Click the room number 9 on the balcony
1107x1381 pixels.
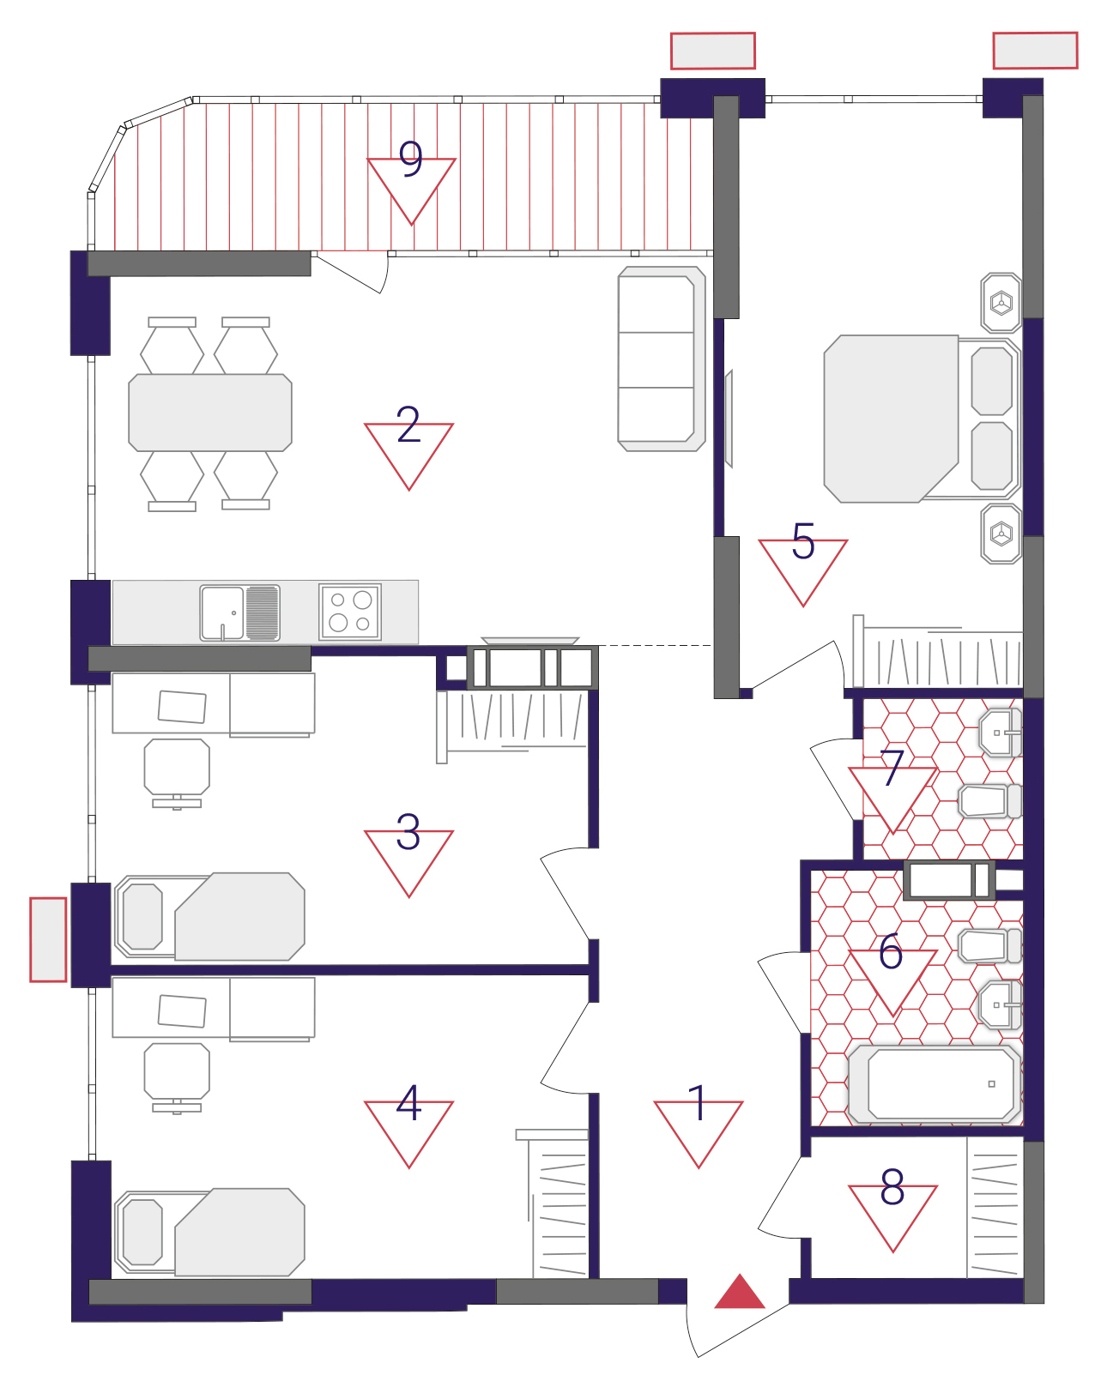click(x=410, y=159)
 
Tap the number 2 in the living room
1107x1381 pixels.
click(x=408, y=425)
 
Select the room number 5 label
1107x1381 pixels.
click(x=802, y=541)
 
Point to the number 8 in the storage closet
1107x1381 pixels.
click(x=892, y=1187)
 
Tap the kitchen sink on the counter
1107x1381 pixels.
click(x=239, y=612)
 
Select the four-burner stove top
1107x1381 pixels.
click(x=350, y=612)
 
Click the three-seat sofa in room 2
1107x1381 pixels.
click(x=661, y=359)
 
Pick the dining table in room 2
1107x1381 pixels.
click(x=210, y=413)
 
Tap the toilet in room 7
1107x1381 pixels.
click(x=989, y=801)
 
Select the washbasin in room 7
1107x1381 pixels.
click(x=1001, y=733)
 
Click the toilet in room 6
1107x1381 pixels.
click(x=989, y=946)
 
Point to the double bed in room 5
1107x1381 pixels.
click(x=922, y=419)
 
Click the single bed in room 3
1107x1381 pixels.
click(x=209, y=917)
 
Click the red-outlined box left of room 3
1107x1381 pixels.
click(x=48, y=939)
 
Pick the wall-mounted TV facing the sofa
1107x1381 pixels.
click(x=729, y=419)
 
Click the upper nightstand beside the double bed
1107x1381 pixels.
click(x=1001, y=303)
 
